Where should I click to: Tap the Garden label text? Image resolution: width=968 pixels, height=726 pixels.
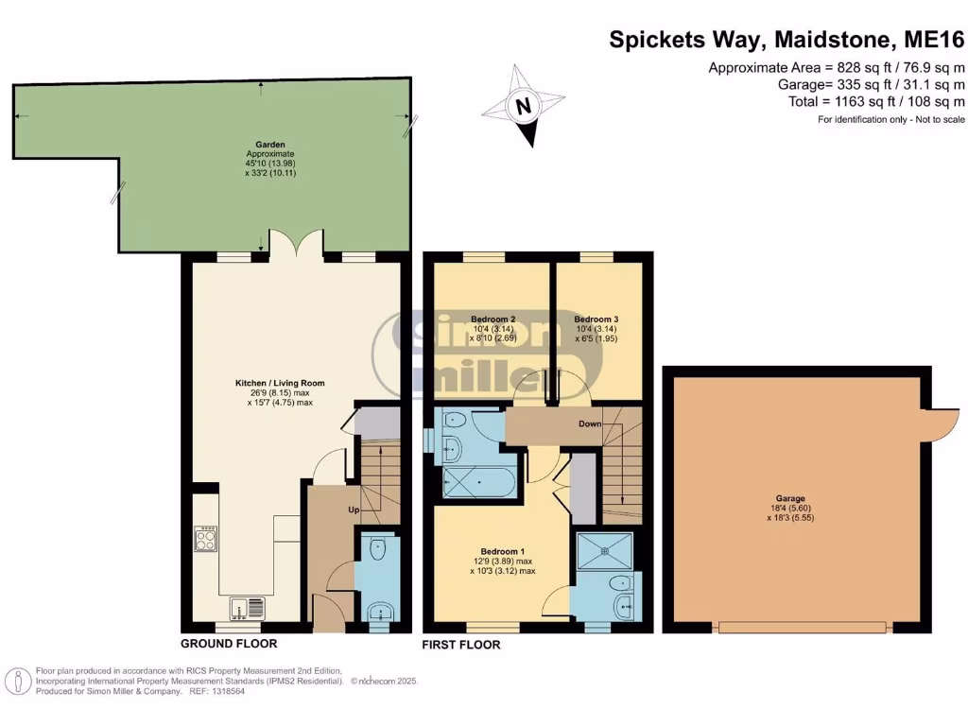(x=270, y=145)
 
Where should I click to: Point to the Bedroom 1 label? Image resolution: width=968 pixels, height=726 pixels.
(x=502, y=552)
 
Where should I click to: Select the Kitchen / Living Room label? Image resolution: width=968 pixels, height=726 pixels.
(x=280, y=383)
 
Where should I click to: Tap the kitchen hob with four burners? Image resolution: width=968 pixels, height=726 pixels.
(x=206, y=540)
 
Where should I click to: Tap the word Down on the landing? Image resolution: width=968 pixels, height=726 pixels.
(x=590, y=423)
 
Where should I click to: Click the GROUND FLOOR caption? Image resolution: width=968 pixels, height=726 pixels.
(x=229, y=644)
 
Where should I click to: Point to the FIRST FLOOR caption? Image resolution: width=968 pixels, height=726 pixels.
(x=461, y=645)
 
